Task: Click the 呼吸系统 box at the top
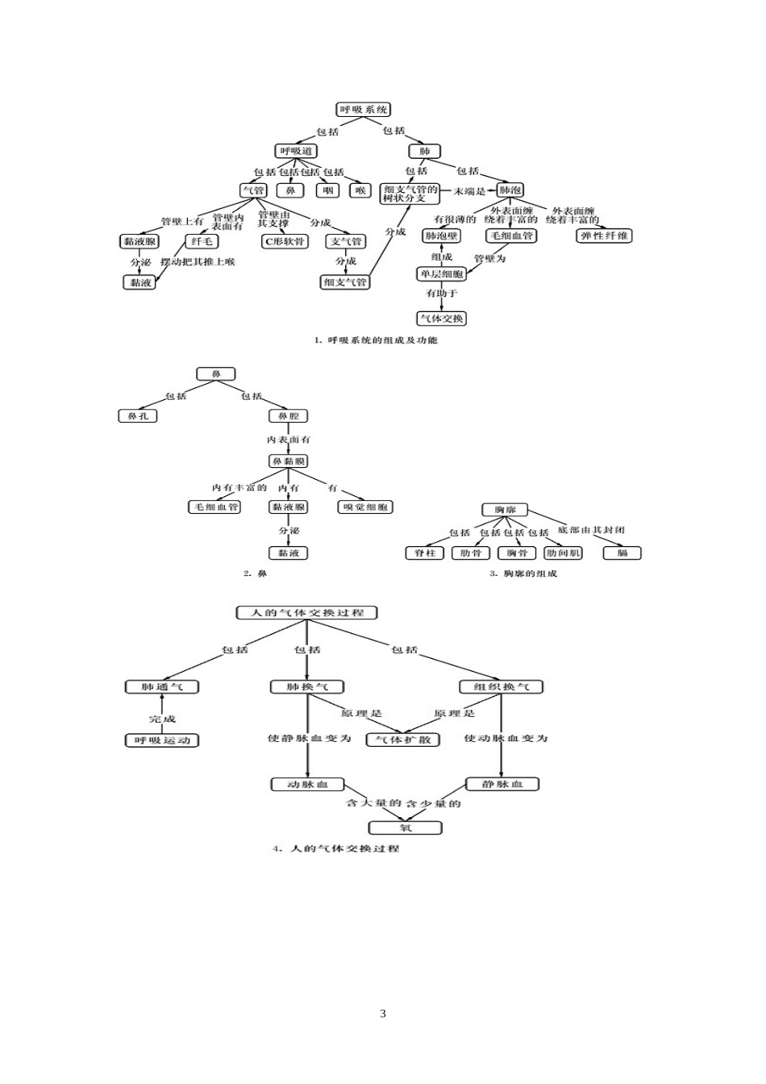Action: tap(363, 109)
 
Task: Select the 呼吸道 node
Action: tap(297, 151)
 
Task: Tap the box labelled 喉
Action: tap(360, 190)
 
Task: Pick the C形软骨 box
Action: tap(285, 241)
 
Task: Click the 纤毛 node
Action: tap(202, 241)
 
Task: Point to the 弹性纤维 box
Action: tap(605, 236)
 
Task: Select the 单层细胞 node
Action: tap(440, 274)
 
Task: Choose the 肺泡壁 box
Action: tap(441, 236)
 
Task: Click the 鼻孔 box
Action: tap(137, 416)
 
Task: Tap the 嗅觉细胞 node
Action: tap(365, 507)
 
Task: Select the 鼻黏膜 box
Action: tap(288, 461)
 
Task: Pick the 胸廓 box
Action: tap(505, 510)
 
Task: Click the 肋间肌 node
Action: tap(563, 553)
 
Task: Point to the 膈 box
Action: tap(622, 553)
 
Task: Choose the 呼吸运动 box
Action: tap(161, 740)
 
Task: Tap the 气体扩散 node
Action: tap(403, 740)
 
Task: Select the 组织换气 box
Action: tap(502, 686)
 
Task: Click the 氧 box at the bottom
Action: tap(405, 828)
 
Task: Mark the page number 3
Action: tap(383, 1014)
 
